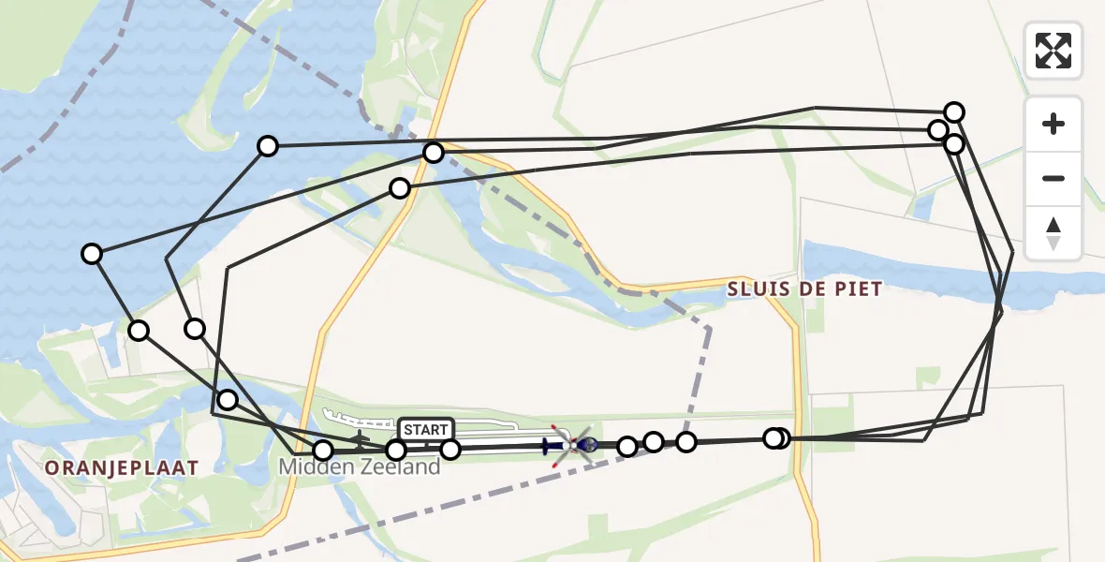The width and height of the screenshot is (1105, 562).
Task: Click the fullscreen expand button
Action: [1053, 51]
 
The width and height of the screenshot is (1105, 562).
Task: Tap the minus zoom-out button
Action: [1053, 179]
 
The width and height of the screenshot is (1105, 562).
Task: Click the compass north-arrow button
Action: [1053, 233]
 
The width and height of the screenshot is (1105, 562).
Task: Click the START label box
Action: [426, 429]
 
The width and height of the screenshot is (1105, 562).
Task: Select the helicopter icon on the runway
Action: [573, 444]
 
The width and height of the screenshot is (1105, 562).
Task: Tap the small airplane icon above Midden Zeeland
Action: [359, 436]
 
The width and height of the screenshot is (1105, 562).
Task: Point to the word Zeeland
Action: [398, 466]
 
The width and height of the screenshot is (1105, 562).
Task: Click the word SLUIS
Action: [756, 289]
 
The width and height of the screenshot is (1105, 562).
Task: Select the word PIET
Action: [861, 289]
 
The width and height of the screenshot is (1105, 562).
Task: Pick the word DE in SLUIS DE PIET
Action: [810, 289]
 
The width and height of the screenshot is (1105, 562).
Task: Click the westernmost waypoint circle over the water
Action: [92, 254]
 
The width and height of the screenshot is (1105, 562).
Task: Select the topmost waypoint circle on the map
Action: [954, 112]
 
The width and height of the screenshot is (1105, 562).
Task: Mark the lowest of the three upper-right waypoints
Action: [954, 144]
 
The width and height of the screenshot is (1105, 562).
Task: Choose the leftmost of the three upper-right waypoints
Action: [937, 129]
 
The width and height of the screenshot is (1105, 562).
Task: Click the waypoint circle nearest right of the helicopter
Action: [627, 446]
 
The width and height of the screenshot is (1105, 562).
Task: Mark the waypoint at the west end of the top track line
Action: [268, 145]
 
